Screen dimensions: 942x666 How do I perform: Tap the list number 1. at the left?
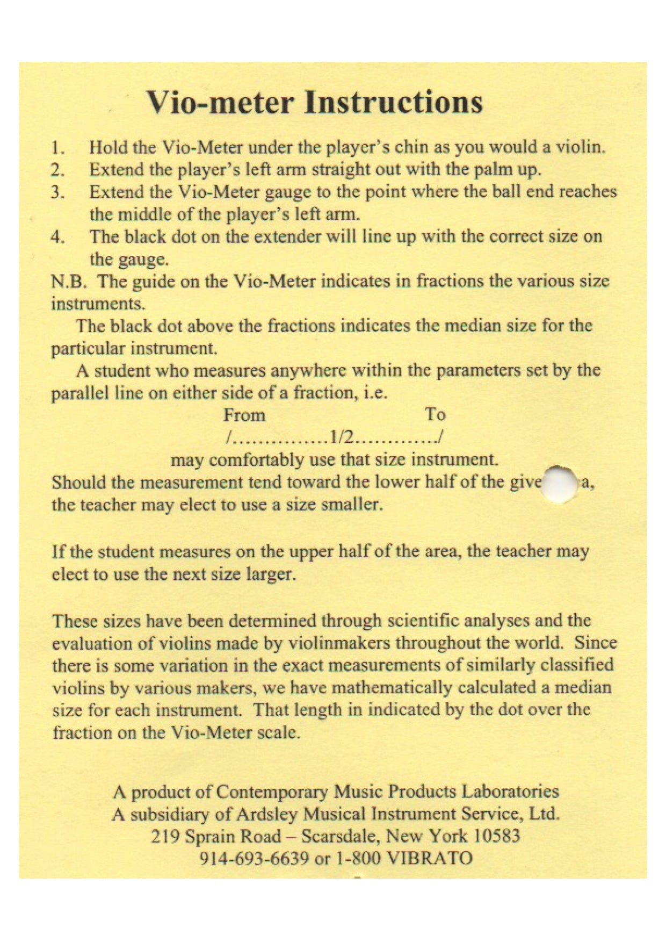pyautogui.click(x=58, y=148)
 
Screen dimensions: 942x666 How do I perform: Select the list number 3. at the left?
pyautogui.click(x=58, y=192)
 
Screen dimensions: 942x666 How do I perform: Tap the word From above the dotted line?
pyautogui.click(x=244, y=415)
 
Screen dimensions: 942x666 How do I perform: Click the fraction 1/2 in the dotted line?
pyautogui.click(x=342, y=438)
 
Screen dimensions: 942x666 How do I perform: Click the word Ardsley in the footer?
pyautogui.click(x=265, y=814)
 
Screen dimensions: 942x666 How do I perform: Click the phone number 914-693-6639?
pyautogui.click(x=254, y=858)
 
